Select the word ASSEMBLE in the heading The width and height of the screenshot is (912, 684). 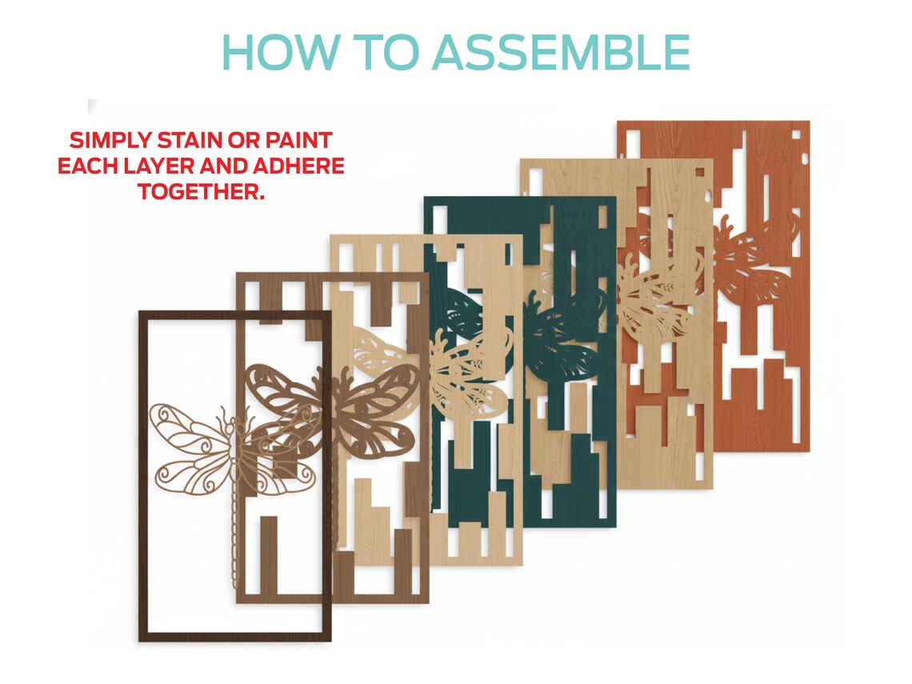click(561, 52)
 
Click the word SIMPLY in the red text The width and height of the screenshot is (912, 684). click(110, 141)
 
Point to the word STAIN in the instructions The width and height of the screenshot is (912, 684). click(190, 141)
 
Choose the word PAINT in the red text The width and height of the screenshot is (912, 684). click(299, 141)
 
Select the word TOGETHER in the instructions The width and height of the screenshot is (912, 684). click(201, 192)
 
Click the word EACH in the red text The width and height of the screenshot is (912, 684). click(86, 166)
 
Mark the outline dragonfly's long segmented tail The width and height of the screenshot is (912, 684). click(235, 535)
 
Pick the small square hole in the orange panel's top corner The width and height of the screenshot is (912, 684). click(797, 135)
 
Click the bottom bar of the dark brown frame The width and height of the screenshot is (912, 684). click(235, 637)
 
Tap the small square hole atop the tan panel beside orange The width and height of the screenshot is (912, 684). click(700, 172)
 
